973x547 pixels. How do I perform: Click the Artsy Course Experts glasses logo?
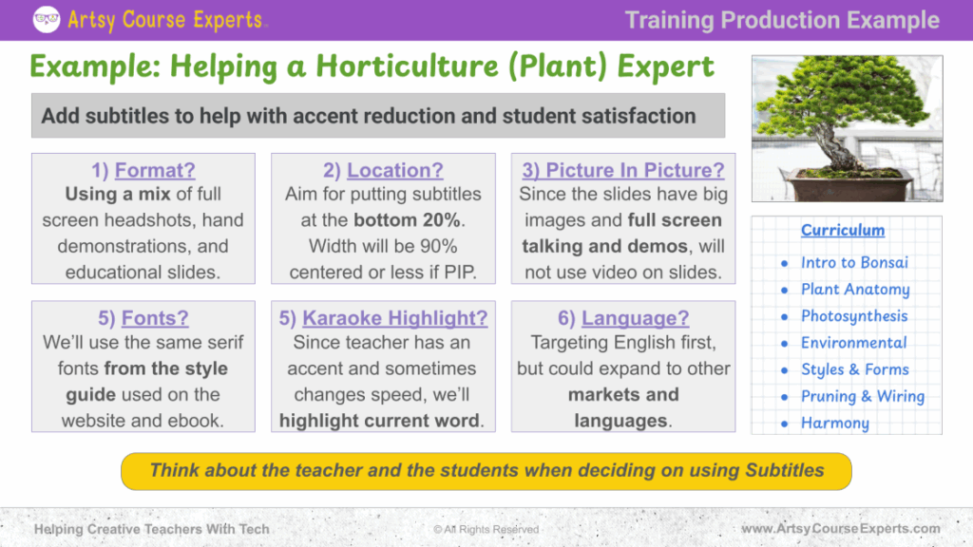[47, 19]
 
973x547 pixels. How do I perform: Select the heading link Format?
[155, 170]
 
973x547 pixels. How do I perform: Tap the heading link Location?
[395, 170]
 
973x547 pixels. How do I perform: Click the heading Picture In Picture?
[623, 170]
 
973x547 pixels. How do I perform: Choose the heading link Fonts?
[155, 317]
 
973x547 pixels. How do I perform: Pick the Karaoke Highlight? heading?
[394, 317]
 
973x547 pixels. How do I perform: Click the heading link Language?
[636, 317]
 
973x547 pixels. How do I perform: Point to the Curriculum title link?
[843, 230]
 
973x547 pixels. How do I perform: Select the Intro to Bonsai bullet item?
[854, 262]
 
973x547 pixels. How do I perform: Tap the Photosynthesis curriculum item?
[854, 316]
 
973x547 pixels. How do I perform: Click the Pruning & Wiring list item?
[863, 396]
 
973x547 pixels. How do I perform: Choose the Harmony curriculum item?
[835, 423]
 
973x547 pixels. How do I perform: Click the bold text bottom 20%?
[407, 220]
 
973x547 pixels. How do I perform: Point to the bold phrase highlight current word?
[379, 421]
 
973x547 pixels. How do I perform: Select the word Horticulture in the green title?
[407, 66]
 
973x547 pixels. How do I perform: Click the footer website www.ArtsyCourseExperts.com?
[841, 528]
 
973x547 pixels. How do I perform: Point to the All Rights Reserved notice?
[486, 529]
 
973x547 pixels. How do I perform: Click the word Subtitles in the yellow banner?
[785, 470]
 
